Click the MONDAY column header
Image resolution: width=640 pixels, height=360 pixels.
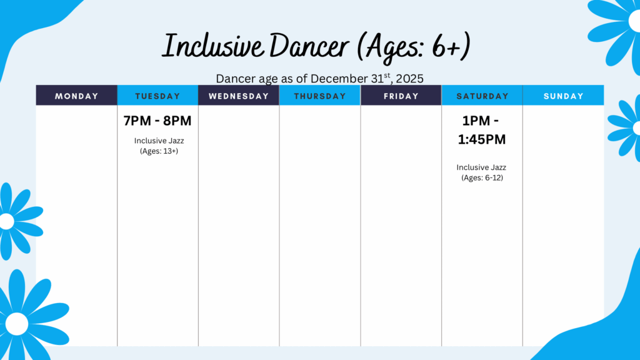point(77,96)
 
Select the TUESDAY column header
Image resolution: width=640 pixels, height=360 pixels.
point(157,96)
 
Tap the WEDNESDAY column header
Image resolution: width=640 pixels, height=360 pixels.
point(239,96)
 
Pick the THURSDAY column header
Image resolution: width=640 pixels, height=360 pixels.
point(320,96)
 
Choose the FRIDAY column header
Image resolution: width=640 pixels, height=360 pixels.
point(401,96)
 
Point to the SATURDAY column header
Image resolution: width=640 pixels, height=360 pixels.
point(482,96)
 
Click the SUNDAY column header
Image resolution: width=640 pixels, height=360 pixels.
point(563,96)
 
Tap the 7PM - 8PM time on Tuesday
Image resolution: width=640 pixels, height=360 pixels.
point(157,121)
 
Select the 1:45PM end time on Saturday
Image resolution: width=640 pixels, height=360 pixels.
point(482,139)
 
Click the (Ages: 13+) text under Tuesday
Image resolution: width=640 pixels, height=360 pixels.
point(159,151)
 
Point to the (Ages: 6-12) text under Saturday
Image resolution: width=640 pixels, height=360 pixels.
point(482,177)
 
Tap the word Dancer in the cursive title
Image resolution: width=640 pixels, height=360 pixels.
point(309,46)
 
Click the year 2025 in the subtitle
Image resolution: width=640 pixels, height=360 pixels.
point(410,79)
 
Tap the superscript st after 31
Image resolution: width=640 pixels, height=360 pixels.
point(387,75)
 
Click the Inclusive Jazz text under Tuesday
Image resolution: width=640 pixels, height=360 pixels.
point(159,141)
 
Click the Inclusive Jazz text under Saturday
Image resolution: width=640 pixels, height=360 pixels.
point(482,167)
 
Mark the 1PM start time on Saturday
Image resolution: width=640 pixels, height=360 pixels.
point(476,121)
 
